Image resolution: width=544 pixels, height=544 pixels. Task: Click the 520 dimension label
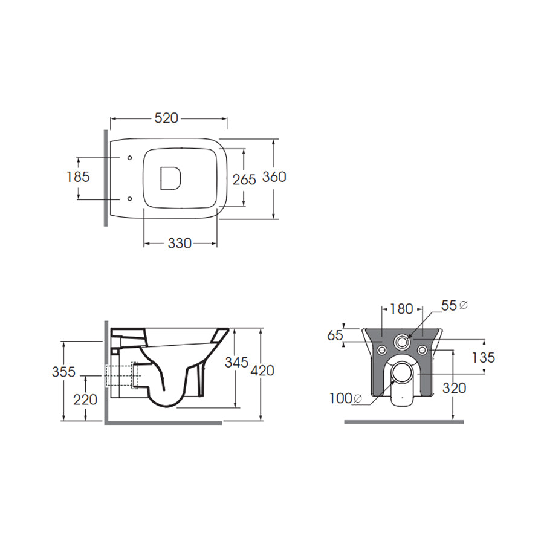[166, 118]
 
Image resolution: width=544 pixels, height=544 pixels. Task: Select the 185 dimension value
[78, 177]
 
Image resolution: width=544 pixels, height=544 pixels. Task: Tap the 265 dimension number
[244, 180]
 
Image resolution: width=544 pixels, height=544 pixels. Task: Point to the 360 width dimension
[274, 177]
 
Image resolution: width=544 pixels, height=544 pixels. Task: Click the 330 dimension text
[180, 244]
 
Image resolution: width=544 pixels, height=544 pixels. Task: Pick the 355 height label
[63, 372]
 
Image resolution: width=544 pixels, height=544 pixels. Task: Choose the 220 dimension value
[85, 400]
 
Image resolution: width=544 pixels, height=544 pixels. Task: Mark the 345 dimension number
[236, 363]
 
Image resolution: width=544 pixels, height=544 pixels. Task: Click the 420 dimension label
[262, 371]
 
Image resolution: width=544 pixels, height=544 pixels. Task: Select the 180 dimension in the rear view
[401, 309]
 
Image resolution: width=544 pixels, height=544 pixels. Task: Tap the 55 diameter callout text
[455, 306]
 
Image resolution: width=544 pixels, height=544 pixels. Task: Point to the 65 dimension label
[335, 335]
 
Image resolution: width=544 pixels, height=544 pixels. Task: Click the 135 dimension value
[484, 358]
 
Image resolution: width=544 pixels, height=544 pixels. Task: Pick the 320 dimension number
[454, 388]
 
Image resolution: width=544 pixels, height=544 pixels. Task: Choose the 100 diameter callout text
[346, 399]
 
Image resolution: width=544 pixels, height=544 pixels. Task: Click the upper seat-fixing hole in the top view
[130, 158]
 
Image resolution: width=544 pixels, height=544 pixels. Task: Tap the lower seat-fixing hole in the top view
[130, 199]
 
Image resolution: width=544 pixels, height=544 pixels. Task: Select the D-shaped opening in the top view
[170, 178]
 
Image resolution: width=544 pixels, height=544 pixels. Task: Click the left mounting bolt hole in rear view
[383, 350]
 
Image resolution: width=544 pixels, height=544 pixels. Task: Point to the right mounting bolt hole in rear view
[423, 350]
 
